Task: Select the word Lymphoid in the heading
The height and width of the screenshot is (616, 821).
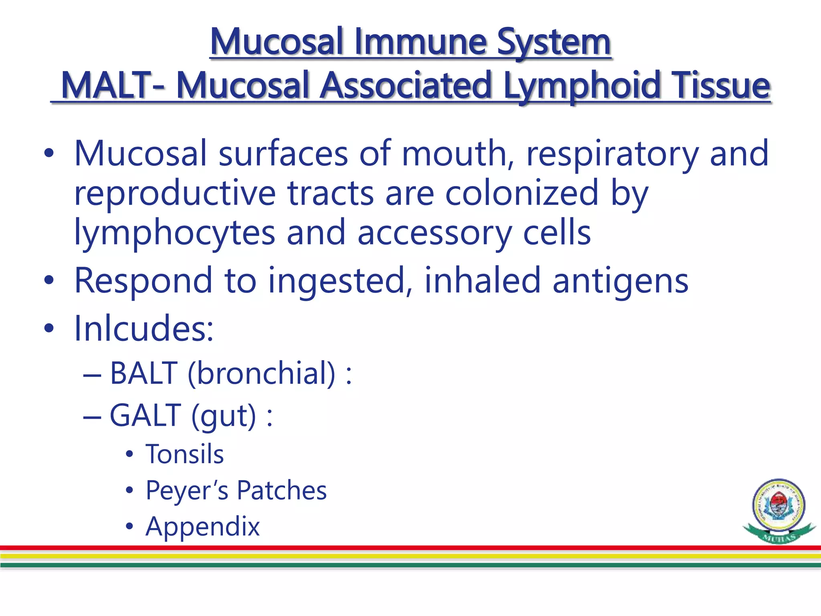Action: (x=581, y=85)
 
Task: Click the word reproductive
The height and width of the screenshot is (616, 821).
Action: (x=175, y=194)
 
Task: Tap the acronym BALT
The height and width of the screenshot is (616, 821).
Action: (x=144, y=373)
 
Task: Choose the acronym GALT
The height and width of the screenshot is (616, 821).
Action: (x=145, y=415)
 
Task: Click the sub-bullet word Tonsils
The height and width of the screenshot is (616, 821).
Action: (x=184, y=454)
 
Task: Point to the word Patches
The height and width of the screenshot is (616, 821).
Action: (x=281, y=490)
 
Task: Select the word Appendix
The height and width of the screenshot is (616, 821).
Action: (x=202, y=527)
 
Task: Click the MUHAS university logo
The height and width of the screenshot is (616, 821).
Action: (x=779, y=511)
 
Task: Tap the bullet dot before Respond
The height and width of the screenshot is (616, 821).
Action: (x=49, y=281)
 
